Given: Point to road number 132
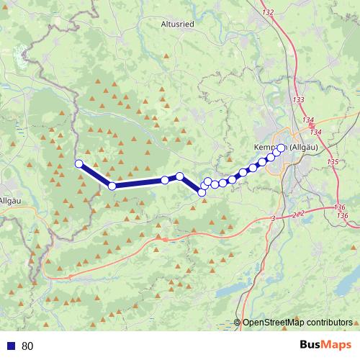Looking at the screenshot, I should click(269, 13).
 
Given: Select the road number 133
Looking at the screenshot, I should click(299, 99).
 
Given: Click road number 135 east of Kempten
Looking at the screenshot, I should click(332, 162).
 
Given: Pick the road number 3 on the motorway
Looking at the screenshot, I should click(274, 217).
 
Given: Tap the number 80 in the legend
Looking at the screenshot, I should click(27, 346).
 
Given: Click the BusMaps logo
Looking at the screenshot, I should click(325, 346).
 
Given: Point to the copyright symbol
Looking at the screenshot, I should click(238, 323).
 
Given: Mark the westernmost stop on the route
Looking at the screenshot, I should click(78, 163).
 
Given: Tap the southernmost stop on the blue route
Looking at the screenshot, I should click(202, 192).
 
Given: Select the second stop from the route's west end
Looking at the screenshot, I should click(112, 186).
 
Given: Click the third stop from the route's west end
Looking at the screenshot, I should click(165, 180).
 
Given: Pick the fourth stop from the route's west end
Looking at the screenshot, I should click(180, 176).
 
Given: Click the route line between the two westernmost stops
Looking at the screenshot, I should click(95, 175).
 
